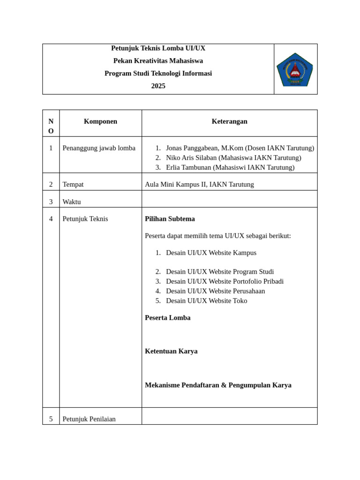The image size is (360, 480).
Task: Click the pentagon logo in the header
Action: coord(295,69)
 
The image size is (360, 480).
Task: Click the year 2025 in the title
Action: coord(158,86)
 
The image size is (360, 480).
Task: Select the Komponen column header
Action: coord(100,121)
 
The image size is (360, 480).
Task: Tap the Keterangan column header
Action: coord(229,121)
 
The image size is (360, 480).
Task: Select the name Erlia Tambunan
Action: coord(188,167)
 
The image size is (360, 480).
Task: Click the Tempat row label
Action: coord(73,184)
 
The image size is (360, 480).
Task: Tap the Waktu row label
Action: coord(72,202)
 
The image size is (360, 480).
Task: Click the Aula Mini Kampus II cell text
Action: coord(199,184)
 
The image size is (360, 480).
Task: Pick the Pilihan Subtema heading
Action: coord(170,219)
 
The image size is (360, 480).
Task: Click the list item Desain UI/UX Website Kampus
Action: coord(211,253)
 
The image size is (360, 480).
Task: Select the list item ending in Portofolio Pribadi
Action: coord(225,281)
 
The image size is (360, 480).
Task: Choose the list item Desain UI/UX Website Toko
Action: coord(206,300)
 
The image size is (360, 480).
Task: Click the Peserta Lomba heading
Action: coord(167,317)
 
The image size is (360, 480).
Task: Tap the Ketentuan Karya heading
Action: coord(171,351)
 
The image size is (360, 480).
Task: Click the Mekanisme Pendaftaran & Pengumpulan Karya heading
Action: coord(218,385)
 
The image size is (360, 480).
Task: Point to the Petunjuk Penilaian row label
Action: coord(89,419)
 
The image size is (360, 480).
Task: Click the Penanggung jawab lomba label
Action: coord(99,148)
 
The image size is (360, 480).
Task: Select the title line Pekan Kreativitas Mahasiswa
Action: coord(158,60)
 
